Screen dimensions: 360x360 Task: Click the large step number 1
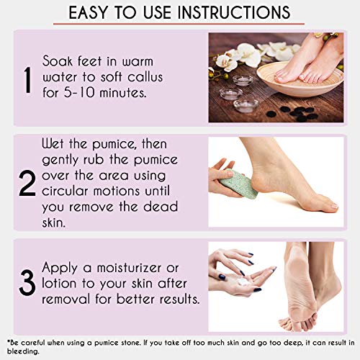(x=26, y=79)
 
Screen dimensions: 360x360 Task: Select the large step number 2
(x=27, y=184)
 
